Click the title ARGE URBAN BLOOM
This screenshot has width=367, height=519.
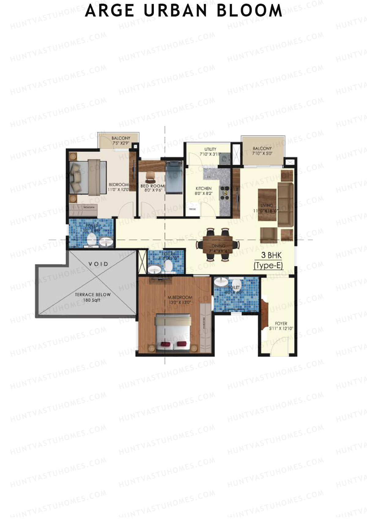point(183,11)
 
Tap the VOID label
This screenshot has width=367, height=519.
point(98,264)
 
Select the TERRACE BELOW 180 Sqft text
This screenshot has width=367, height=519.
point(93,297)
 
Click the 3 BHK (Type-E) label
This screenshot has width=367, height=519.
point(268,260)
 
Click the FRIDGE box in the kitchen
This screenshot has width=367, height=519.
point(193,209)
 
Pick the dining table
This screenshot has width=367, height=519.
point(218,245)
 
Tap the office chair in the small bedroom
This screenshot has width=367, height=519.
point(150,176)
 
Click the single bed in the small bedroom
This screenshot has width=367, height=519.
point(174,177)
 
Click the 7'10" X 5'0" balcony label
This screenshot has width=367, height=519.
point(262,151)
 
